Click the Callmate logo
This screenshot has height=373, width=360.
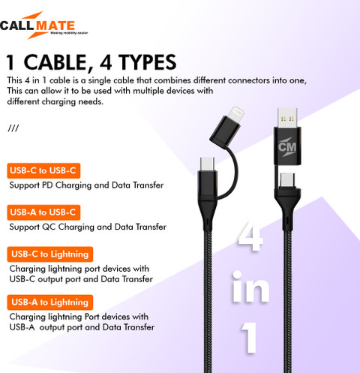(x=43, y=26)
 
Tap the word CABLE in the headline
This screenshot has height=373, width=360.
(x=58, y=62)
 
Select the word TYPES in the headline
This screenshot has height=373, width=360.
(x=148, y=62)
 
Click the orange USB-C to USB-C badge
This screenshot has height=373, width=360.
(x=43, y=170)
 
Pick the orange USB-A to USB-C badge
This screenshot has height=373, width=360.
(x=43, y=212)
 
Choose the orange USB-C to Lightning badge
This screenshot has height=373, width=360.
(x=50, y=254)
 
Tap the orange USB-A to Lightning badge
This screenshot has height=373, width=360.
(x=50, y=302)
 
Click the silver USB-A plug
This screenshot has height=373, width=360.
(x=287, y=118)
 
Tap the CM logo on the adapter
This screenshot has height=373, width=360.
(x=287, y=147)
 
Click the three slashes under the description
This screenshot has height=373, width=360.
(x=13, y=128)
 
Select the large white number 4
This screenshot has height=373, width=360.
(x=250, y=236)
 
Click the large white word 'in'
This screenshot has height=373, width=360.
(x=250, y=287)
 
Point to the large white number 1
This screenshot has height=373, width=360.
(x=249, y=338)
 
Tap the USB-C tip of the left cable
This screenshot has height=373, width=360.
(x=207, y=164)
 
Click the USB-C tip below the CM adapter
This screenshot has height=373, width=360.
(x=287, y=180)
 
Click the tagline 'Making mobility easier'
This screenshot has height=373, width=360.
(x=69, y=33)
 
